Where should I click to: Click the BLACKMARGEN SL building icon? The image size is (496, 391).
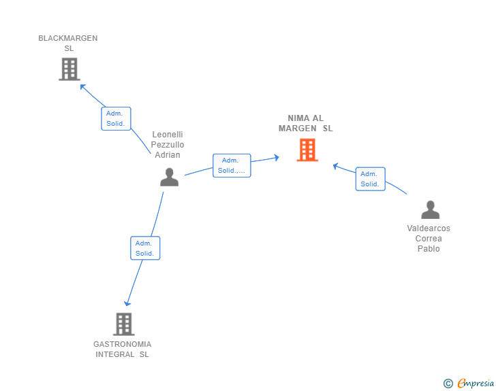[69, 69]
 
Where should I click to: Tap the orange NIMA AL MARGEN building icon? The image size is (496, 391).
[307, 150]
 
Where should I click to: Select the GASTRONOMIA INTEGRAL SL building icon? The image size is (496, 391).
[123, 324]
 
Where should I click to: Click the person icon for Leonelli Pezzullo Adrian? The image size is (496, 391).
[169, 177]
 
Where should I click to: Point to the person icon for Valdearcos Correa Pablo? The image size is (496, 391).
[430, 209]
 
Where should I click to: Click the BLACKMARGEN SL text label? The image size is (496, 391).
[68, 44]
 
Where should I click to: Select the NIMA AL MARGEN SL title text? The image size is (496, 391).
[306, 123]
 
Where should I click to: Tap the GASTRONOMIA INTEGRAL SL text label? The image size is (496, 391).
[123, 349]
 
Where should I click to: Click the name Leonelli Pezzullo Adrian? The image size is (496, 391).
[168, 144]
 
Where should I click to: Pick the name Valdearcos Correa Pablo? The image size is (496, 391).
[429, 239]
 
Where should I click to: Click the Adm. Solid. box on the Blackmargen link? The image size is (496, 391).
[116, 118]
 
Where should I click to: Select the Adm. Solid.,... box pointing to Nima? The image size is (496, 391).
[232, 165]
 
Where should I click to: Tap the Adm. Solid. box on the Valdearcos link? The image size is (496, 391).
[370, 179]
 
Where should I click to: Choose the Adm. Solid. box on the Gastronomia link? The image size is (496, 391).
[144, 248]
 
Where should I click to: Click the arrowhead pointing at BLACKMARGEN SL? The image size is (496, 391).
[82, 86]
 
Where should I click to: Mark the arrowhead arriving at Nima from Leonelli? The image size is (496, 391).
[276, 157]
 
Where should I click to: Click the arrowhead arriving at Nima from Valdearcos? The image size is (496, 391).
[335, 165]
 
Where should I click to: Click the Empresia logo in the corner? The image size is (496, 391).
[476, 383]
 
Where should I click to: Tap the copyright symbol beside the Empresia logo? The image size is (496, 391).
[448, 384]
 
